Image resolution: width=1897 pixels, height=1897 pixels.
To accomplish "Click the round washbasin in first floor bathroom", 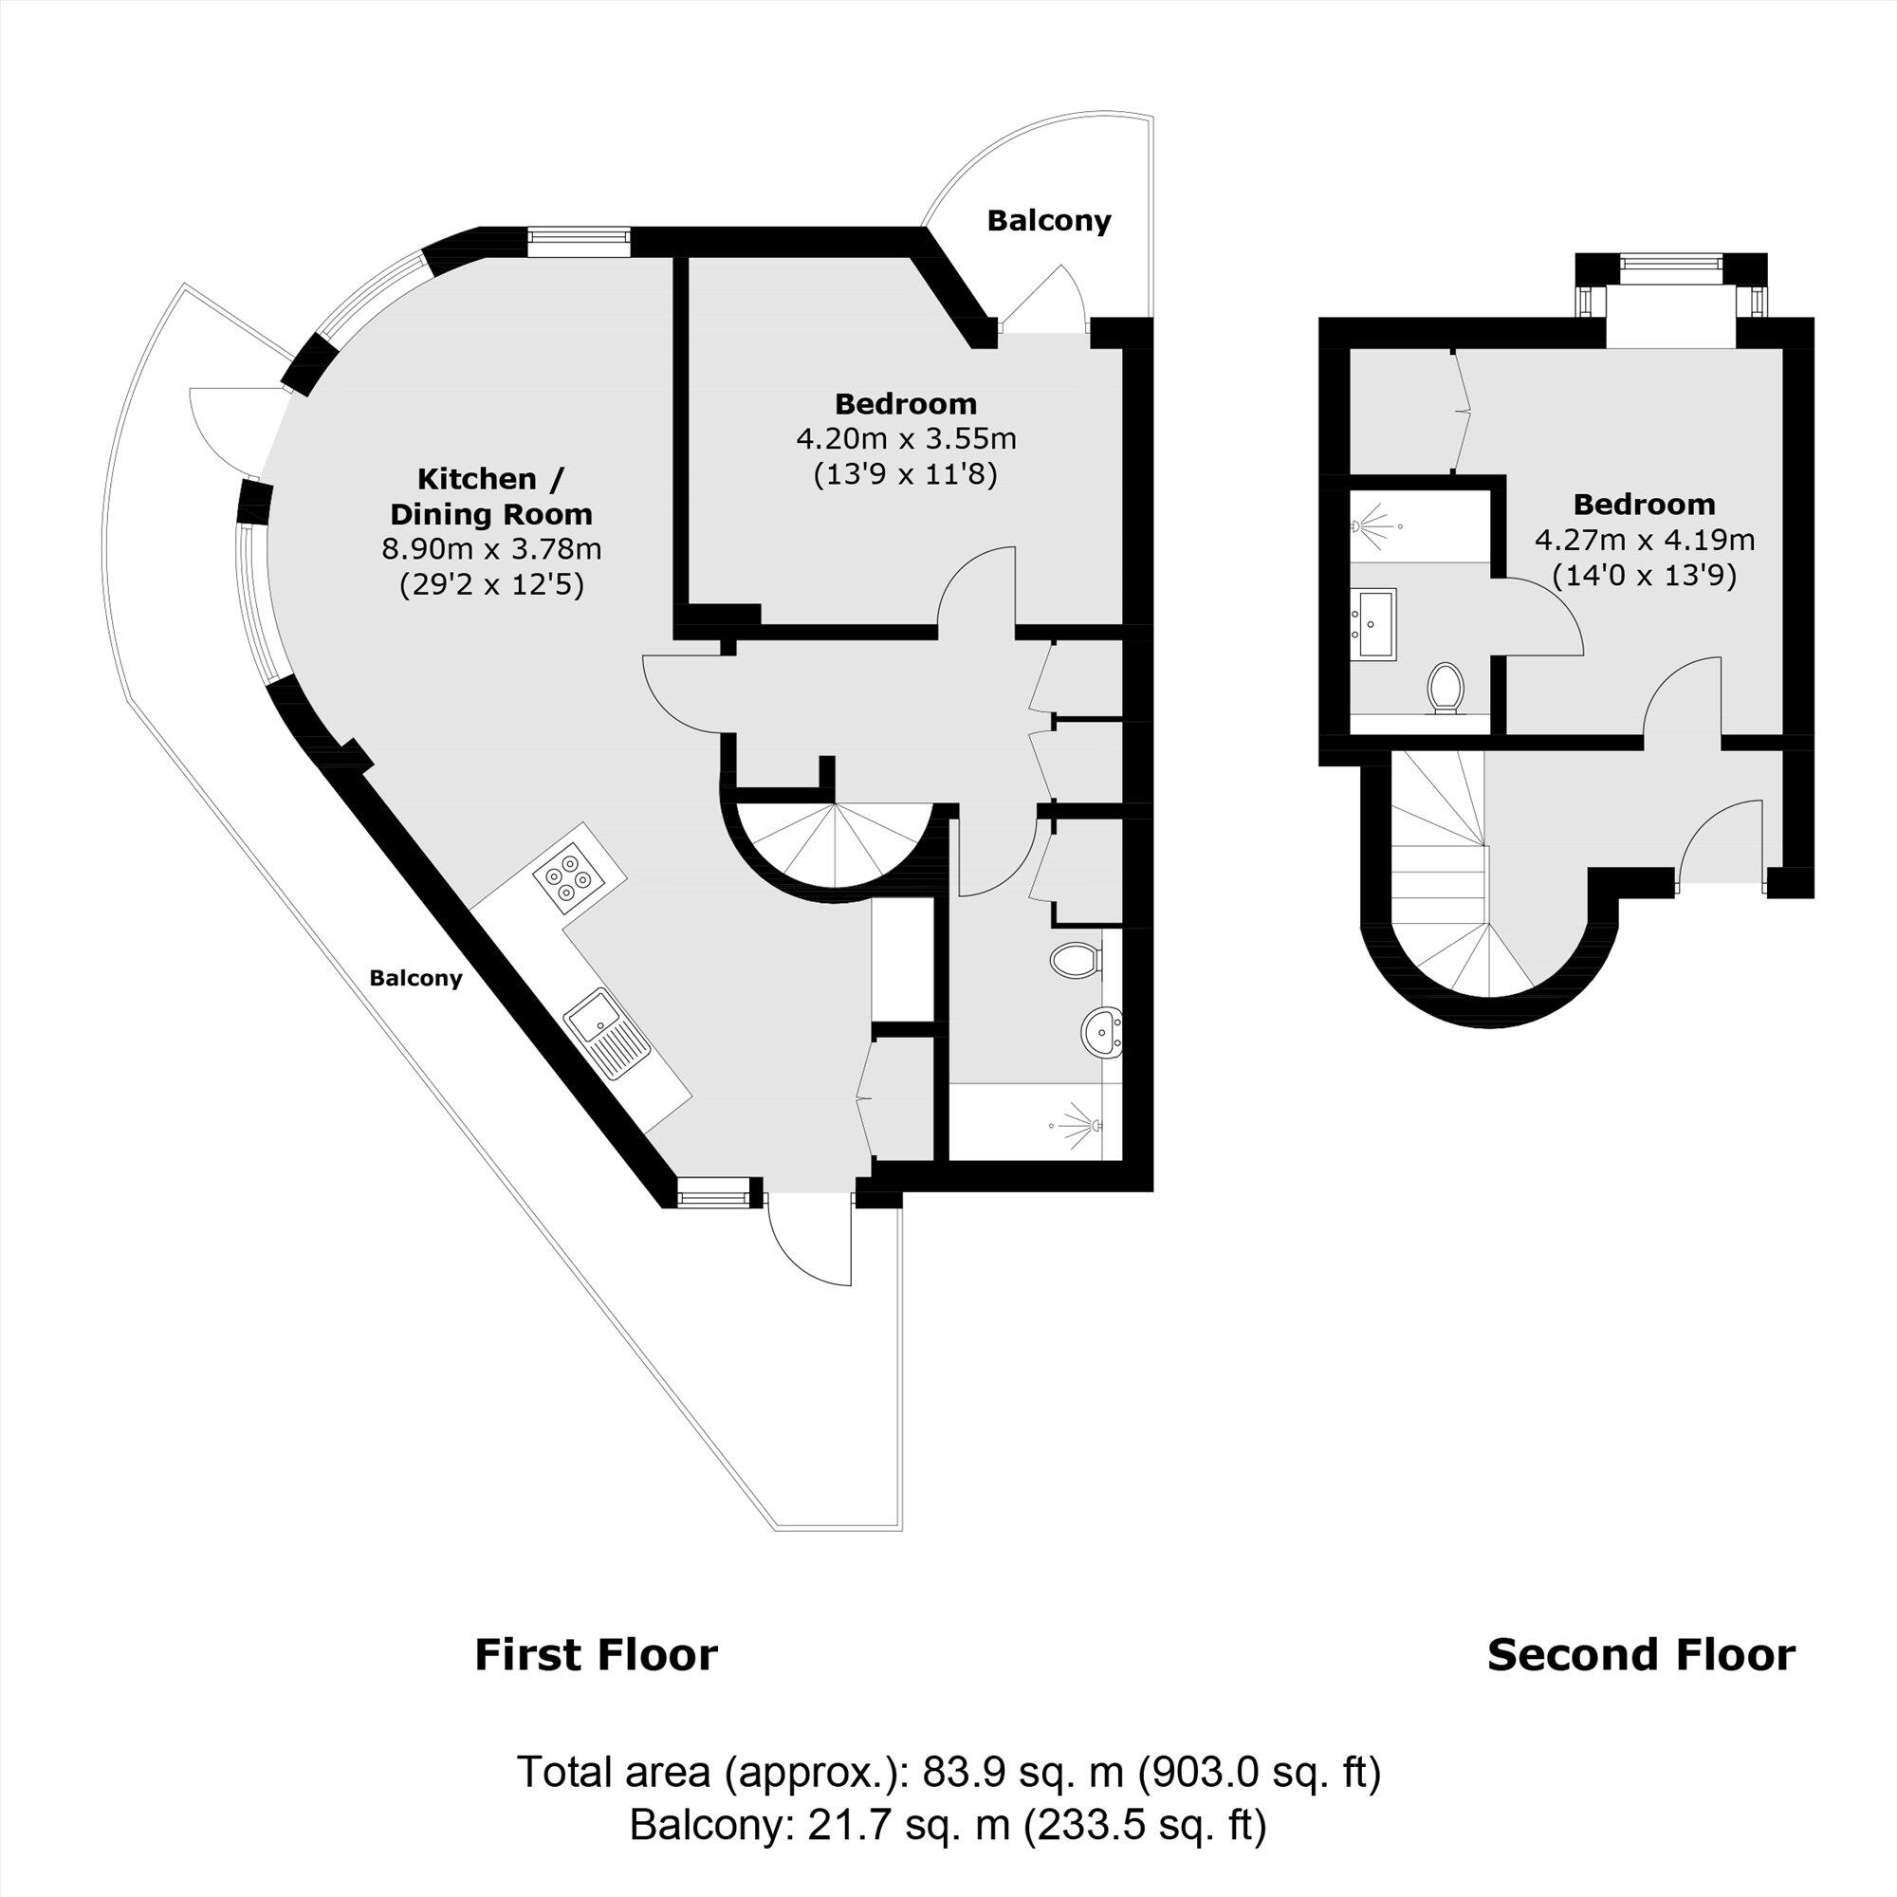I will point(1103,1032).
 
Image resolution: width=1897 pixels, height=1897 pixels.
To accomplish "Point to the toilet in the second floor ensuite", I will point(1445,687).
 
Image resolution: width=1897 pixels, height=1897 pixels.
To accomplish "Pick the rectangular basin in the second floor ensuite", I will point(1374,621).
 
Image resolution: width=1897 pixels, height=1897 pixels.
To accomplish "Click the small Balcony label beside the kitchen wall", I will point(415,978).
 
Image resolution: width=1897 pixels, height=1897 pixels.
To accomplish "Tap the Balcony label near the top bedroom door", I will point(1049,221).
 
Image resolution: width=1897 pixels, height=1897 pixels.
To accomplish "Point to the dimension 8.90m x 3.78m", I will point(491,549).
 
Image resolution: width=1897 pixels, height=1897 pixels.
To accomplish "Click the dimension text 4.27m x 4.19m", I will point(1644,539).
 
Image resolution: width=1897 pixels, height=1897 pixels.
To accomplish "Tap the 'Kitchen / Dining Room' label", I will point(491,497).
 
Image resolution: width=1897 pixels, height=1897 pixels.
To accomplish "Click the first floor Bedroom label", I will point(905,403).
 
